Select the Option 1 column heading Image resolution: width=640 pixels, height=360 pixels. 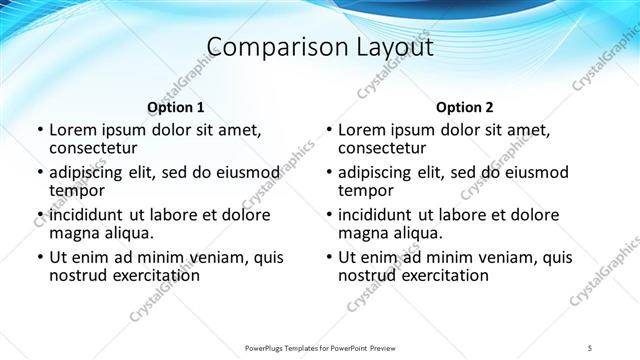[176, 107]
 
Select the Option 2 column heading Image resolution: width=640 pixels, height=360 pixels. [465, 107]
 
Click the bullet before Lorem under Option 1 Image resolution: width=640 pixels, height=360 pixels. [39, 130]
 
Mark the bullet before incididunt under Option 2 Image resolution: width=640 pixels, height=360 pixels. [328, 215]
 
